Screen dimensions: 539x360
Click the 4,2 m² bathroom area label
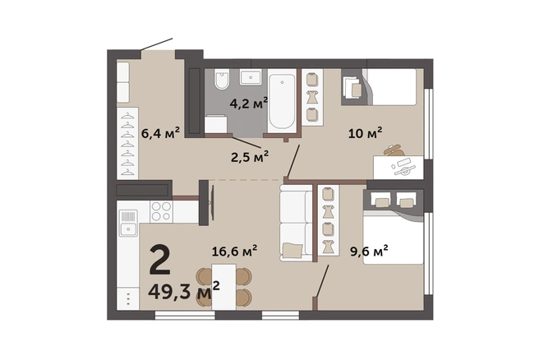(x=248, y=103)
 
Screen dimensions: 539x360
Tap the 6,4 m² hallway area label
(x=160, y=132)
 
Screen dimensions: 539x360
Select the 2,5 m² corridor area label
(x=250, y=157)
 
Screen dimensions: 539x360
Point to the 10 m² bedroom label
(x=366, y=132)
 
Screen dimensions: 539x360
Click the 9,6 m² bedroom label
(x=369, y=251)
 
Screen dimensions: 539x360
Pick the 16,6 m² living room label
(x=234, y=251)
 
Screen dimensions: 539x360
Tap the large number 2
(x=160, y=261)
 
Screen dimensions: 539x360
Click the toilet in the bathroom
(x=222, y=80)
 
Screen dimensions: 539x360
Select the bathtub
(x=282, y=100)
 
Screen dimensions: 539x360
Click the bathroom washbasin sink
(x=251, y=77)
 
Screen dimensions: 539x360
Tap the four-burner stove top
(x=161, y=211)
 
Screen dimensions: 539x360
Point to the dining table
(x=223, y=287)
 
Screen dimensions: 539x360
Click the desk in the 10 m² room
(x=398, y=168)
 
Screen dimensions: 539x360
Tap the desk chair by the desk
(x=394, y=150)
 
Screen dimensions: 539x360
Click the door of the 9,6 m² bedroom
(x=322, y=281)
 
